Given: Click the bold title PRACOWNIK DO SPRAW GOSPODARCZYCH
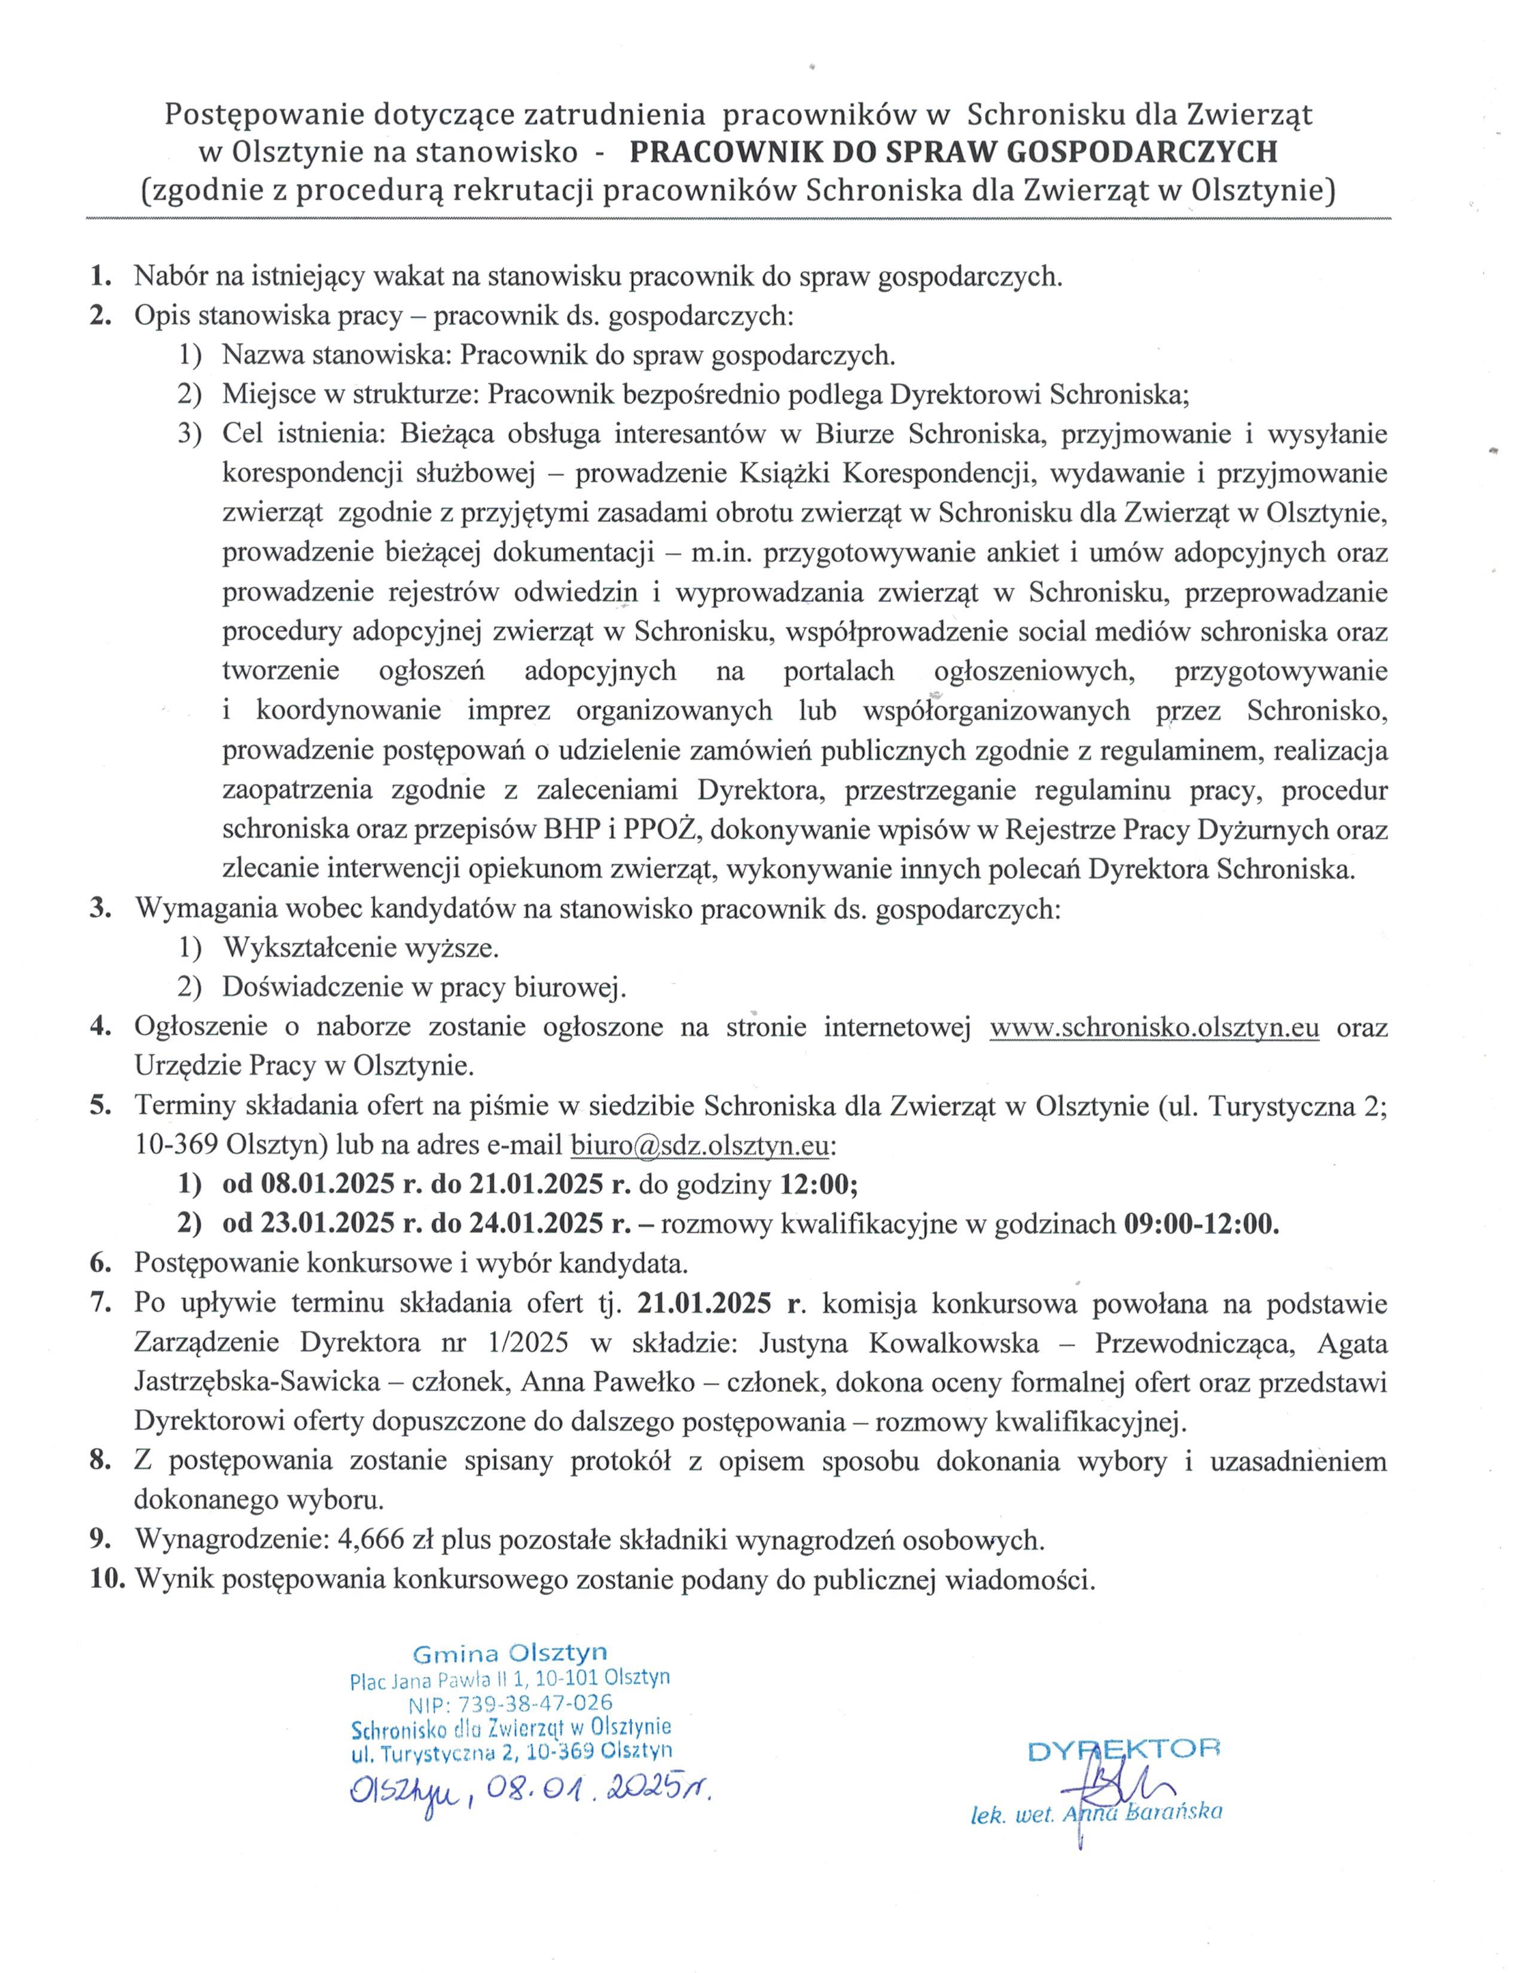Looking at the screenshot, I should pos(953,152).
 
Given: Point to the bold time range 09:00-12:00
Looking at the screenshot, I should pos(1201,1224).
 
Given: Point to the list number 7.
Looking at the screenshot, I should pos(99,1303).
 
